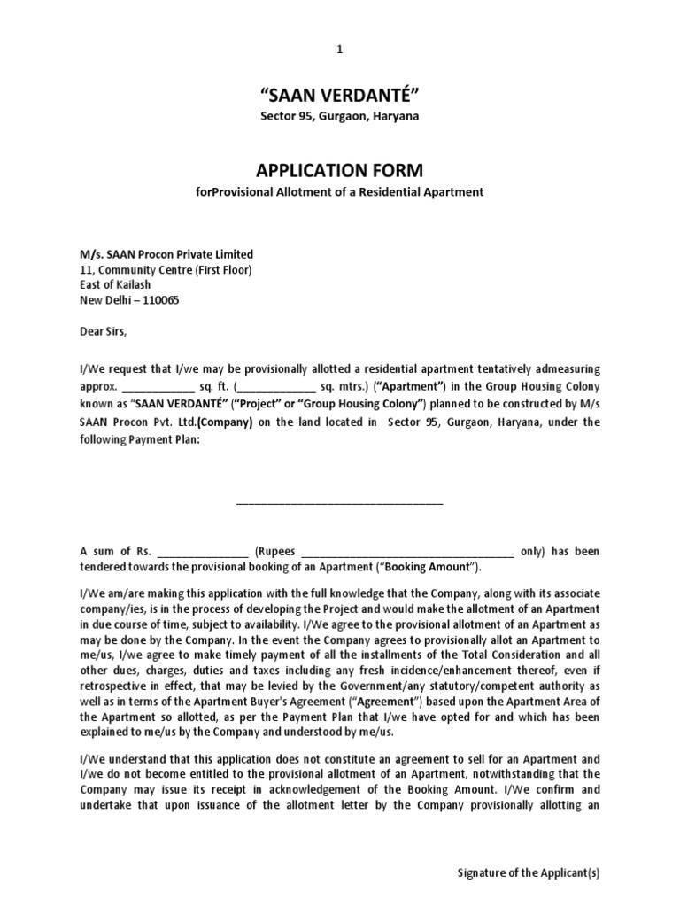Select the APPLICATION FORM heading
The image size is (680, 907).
[x=339, y=170]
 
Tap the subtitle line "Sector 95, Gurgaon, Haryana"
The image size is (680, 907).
[x=339, y=117]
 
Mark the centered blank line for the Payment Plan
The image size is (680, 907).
[x=339, y=501]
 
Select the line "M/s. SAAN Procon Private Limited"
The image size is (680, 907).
[x=166, y=254]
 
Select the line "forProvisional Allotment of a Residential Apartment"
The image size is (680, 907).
[x=339, y=192]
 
